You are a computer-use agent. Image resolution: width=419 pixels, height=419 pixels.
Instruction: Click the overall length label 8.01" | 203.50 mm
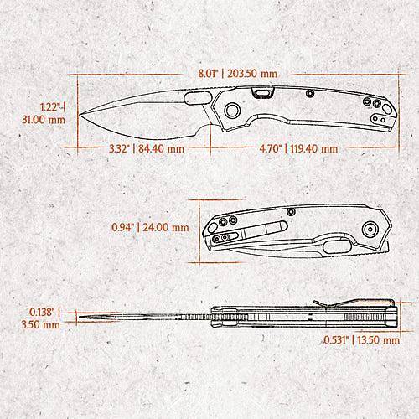pyautogui.click(x=238, y=74)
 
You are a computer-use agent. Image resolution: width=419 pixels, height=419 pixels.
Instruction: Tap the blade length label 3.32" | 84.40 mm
pyautogui.click(x=147, y=148)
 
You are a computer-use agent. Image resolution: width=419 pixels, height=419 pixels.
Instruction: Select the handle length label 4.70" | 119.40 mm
pyautogui.click(x=298, y=148)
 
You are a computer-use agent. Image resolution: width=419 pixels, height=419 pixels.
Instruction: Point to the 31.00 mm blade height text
pyautogui.click(x=44, y=120)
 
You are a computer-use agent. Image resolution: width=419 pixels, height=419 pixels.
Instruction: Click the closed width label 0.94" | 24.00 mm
pyautogui.click(x=150, y=227)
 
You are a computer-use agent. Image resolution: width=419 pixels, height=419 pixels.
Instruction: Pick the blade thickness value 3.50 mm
pyautogui.click(x=41, y=324)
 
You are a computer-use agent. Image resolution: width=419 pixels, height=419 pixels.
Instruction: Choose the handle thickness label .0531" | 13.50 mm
pyautogui.click(x=361, y=340)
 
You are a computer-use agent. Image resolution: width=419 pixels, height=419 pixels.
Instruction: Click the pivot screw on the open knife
pyautogui.click(x=232, y=110)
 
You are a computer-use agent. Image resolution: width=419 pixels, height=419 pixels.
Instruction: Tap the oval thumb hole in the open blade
pyautogui.click(x=198, y=98)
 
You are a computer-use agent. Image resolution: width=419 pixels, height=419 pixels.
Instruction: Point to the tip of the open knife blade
pyautogui.click(x=80, y=115)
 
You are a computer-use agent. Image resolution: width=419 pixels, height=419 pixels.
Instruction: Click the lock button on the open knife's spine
pyautogui.click(x=263, y=93)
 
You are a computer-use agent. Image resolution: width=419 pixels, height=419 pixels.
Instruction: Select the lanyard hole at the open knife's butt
pyautogui.click(x=387, y=109)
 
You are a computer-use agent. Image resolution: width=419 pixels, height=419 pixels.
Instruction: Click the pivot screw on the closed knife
pyautogui.click(x=370, y=230)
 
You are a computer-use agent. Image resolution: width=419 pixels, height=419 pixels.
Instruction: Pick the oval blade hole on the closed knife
pyautogui.click(x=337, y=246)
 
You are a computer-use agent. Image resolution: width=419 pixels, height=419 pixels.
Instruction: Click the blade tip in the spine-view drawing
pyautogui.click(x=80, y=317)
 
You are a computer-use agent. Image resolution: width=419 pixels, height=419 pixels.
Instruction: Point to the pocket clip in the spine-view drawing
pyautogui.click(x=354, y=303)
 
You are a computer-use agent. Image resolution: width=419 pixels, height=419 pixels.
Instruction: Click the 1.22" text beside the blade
pyautogui.click(x=50, y=107)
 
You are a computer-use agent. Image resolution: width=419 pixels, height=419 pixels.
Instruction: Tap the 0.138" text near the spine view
pyautogui.click(x=42, y=312)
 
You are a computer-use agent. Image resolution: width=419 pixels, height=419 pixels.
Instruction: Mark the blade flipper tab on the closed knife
pyautogui.click(x=385, y=247)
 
